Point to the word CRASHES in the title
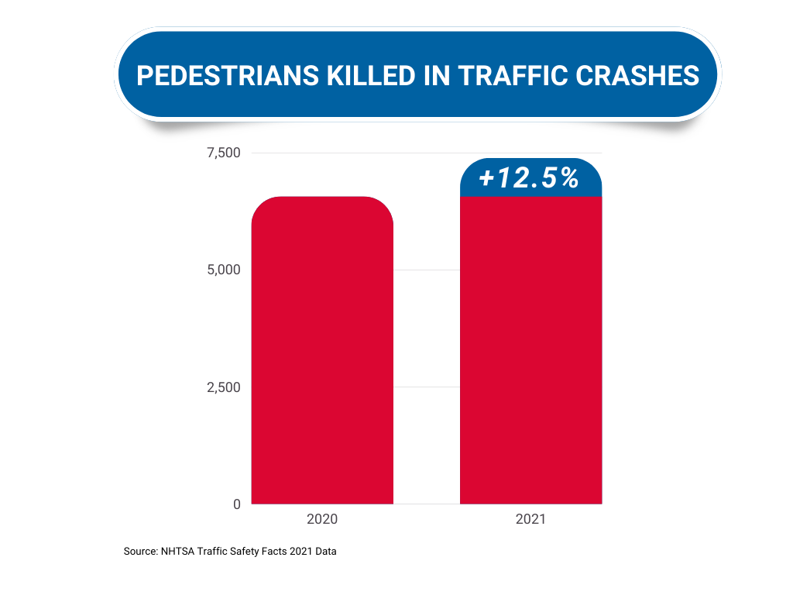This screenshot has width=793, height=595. (645, 76)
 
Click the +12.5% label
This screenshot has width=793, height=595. (529, 179)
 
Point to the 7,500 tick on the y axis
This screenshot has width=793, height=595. (224, 153)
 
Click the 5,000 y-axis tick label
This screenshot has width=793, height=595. (224, 270)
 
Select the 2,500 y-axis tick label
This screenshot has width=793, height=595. (224, 387)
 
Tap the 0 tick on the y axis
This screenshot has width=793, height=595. (236, 504)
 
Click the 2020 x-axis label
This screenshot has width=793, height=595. (322, 519)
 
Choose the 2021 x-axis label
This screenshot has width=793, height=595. (530, 519)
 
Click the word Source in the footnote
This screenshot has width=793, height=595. (139, 552)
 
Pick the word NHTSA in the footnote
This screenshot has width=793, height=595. (178, 552)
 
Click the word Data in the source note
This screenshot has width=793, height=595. (326, 552)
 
